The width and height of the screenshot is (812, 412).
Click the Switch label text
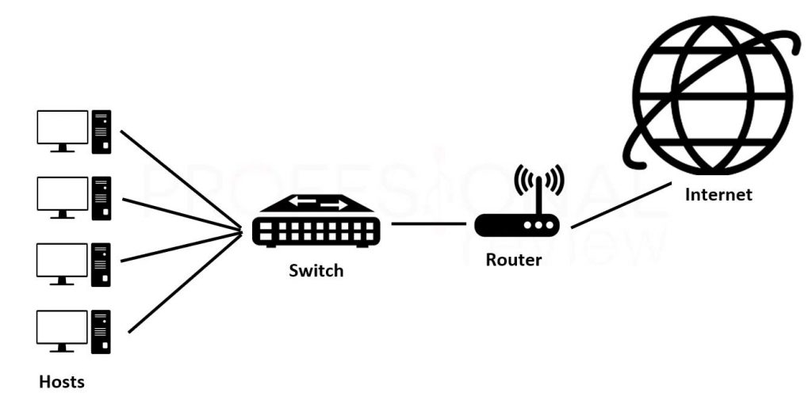click(316, 271)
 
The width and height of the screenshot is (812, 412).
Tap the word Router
click(514, 260)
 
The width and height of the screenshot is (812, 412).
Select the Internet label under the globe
click(718, 194)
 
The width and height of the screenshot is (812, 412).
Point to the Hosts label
click(62, 382)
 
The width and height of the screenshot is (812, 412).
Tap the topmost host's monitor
click(62, 128)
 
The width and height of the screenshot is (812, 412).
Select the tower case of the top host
click(101, 132)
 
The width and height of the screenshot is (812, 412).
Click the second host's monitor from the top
click(62, 195)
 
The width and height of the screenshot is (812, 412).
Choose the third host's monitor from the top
click(62, 261)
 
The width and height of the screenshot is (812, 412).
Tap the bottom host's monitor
click(62, 328)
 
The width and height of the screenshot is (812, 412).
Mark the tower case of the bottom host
click(101, 331)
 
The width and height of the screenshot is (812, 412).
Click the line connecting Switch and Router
click(428, 223)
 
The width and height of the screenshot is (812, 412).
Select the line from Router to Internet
click(620, 205)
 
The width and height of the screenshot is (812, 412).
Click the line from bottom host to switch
click(184, 283)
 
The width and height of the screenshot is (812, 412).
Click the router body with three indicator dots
click(516, 225)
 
